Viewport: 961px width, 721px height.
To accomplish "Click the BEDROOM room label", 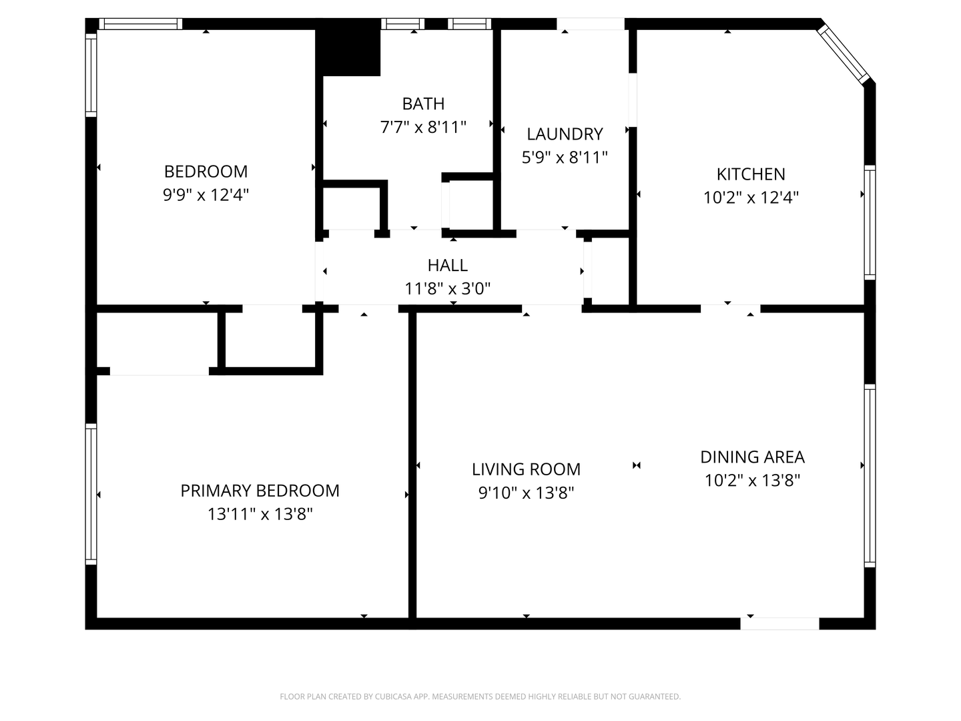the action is point(206,172).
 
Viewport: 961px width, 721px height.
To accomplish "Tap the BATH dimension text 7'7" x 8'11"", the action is point(423,128).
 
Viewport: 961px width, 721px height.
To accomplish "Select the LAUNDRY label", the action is point(565,134).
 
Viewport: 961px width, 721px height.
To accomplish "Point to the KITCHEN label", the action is point(751,174).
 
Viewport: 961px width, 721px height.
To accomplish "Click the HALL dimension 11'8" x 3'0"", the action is point(447,288).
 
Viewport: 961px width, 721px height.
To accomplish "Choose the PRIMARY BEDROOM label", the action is point(260,491).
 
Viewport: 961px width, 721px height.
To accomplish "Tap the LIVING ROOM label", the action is point(526,469).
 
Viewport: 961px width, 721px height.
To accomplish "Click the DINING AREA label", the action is point(752,457).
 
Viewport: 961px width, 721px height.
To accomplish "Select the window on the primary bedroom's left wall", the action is point(91,494).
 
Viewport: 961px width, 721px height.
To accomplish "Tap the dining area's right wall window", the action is point(870,475).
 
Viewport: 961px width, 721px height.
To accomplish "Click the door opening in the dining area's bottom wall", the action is point(779,624).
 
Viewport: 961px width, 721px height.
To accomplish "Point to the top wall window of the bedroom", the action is point(141,23).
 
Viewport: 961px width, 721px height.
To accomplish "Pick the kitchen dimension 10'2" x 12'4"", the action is point(751,198).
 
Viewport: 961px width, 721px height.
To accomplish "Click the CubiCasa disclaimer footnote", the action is point(480,696).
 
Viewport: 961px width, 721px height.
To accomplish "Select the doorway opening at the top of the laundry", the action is point(590,23).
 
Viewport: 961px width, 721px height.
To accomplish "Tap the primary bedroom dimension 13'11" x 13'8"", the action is point(260,514).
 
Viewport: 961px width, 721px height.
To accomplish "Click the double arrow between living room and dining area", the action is point(637,465).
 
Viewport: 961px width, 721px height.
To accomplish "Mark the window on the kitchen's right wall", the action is point(870,222).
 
